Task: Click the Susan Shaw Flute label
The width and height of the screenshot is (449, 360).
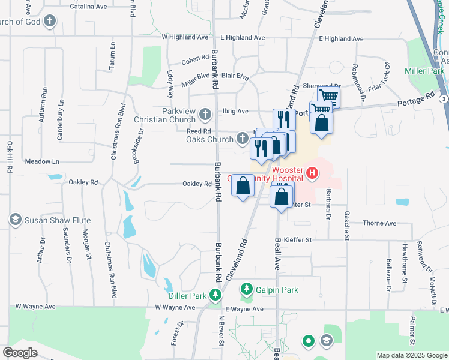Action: tap(58, 220)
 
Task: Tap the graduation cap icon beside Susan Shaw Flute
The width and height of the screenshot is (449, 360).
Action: tap(16, 220)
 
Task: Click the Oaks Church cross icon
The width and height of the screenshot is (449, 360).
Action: tap(243, 139)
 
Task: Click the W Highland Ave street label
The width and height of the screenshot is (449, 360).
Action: tap(185, 37)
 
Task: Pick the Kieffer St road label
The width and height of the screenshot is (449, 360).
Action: tap(298, 239)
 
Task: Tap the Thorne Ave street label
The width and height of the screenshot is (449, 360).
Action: tap(379, 223)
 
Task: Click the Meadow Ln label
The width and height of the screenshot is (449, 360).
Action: tap(42, 161)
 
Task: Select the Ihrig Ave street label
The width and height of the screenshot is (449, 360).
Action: tap(235, 111)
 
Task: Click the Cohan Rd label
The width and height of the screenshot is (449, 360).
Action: tap(195, 61)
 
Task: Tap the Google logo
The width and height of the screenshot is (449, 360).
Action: tap(20, 353)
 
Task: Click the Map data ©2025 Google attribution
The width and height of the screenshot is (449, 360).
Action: tap(411, 355)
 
